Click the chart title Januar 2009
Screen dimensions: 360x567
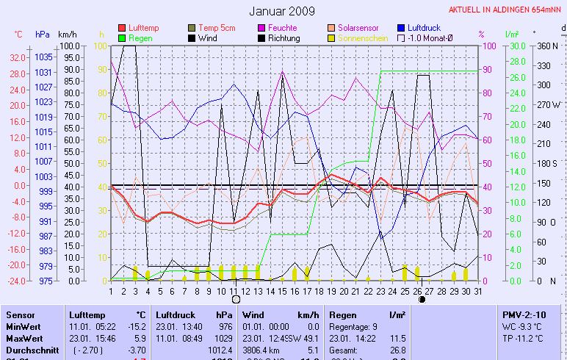[282, 11]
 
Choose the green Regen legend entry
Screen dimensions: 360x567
[140, 37]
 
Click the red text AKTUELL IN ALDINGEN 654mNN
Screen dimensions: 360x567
[507, 10]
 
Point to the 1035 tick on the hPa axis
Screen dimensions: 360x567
[43, 57]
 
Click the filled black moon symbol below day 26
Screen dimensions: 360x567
[422, 300]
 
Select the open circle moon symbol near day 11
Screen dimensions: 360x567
[236, 300]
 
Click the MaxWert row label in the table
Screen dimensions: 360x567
[22, 338]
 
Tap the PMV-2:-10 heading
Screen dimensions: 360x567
[524, 314]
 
